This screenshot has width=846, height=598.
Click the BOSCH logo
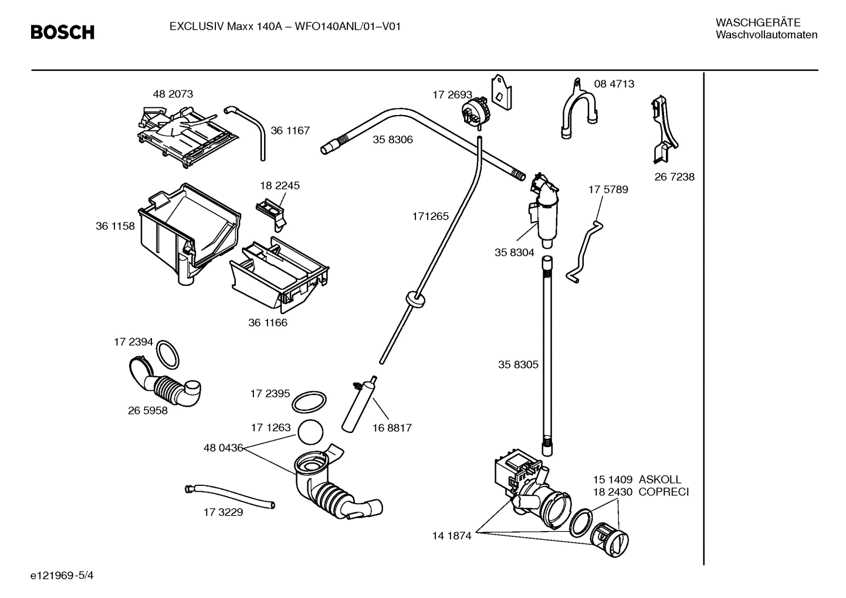pyautogui.click(x=63, y=32)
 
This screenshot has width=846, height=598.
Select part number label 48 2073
pyautogui.click(x=172, y=94)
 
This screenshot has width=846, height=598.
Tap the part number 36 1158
pyautogui.click(x=115, y=226)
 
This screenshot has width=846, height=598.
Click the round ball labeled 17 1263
pyautogui.click(x=311, y=433)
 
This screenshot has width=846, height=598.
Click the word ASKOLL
pyautogui.click(x=660, y=479)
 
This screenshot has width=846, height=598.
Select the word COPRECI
pyautogui.click(x=664, y=492)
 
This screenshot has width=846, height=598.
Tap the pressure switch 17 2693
pyautogui.click(x=476, y=111)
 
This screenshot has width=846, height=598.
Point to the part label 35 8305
pyautogui.click(x=518, y=365)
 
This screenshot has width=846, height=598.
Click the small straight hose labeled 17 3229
pyautogui.click(x=229, y=496)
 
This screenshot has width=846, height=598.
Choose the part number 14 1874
pyautogui.click(x=452, y=536)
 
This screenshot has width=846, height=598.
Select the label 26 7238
pyautogui.click(x=674, y=177)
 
